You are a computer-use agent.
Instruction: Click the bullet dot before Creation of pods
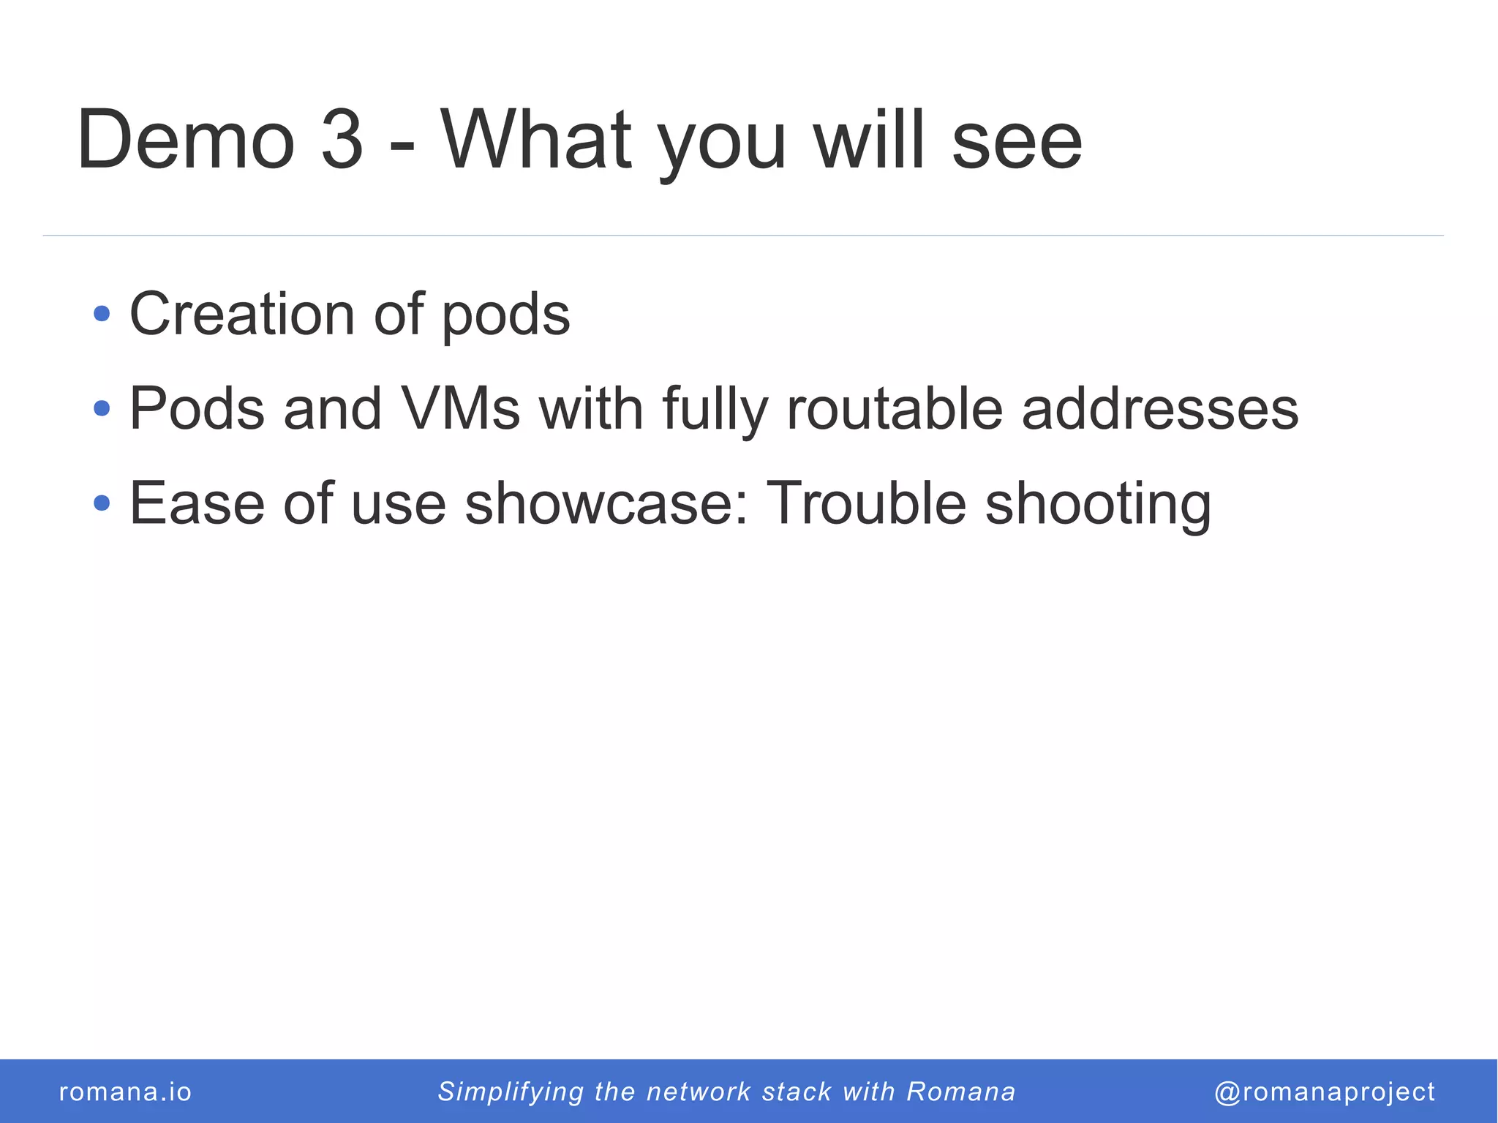point(102,314)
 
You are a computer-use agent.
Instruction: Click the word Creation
point(242,314)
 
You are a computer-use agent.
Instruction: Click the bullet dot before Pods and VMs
point(102,408)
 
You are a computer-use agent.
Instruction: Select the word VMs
point(460,408)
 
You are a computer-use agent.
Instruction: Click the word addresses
point(1160,408)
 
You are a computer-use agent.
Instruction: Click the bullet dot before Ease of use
point(102,503)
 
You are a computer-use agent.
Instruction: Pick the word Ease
point(197,503)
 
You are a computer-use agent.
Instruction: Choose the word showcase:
point(606,503)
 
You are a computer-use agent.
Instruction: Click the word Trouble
point(865,503)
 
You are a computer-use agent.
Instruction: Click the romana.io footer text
point(125,1092)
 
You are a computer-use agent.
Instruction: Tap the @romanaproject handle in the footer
point(1325,1092)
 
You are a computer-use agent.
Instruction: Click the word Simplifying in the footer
point(511,1092)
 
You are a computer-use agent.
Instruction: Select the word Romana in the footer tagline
point(961,1092)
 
